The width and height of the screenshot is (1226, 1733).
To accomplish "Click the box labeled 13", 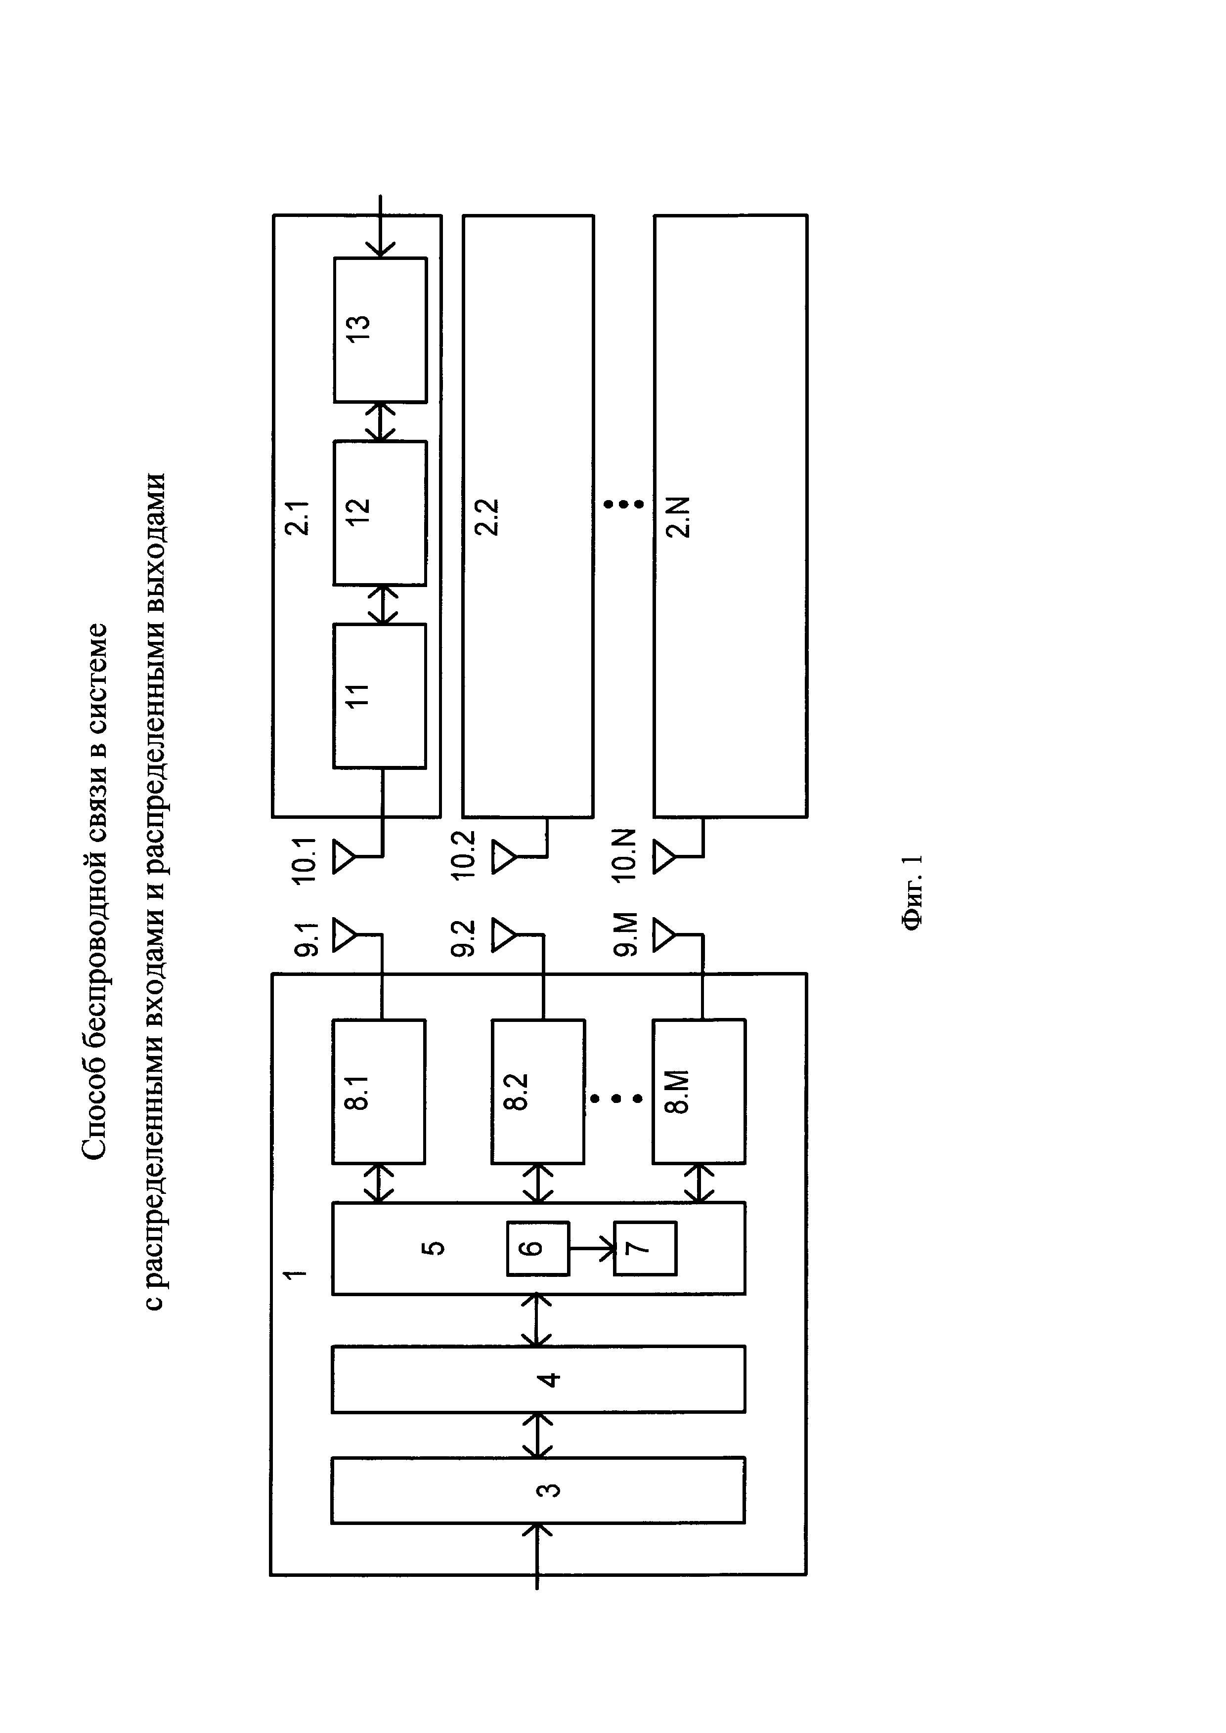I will [380, 330].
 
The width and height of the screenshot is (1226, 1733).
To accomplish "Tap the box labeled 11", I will [380, 695].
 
